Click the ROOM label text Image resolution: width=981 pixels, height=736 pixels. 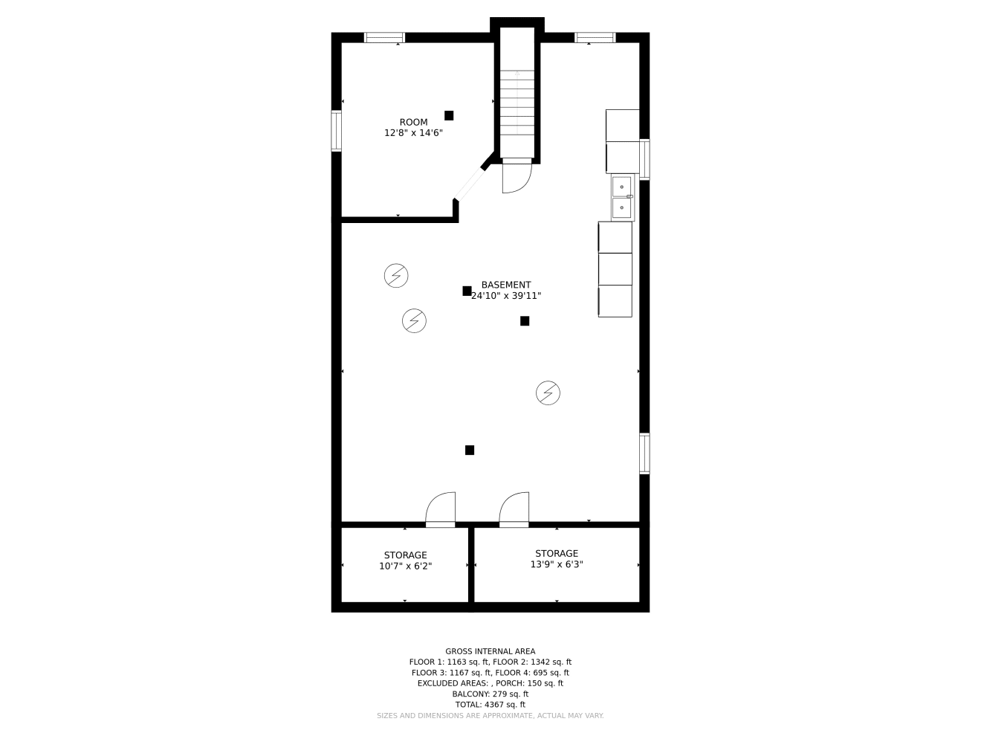(x=413, y=122)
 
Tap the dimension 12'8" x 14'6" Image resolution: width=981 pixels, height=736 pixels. (x=413, y=133)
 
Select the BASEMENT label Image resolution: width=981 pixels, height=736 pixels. (x=506, y=285)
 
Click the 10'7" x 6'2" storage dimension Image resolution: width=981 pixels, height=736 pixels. (x=405, y=566)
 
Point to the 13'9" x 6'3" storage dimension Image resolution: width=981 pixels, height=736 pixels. (x=557, y=564)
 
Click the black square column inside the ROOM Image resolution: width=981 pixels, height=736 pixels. (x=449, y=116)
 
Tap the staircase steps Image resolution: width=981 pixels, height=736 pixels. (x=517, y=103)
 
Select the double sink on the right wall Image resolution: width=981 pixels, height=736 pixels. (x=622, y=198)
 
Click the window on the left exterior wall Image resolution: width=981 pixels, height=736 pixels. (x=336, y=131)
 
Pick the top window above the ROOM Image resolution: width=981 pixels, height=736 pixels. (x=384, y=37)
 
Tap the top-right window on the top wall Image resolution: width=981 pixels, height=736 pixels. (x=595, y=37)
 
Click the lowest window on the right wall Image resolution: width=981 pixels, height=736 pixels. (x=644, y=453)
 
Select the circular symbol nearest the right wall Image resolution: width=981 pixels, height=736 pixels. (x=548, y=393)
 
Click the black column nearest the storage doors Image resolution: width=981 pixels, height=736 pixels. (x=469, y=450)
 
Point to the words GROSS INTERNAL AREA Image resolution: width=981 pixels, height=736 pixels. (x=490, y=651)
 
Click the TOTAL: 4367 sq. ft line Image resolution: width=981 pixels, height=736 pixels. (x=490, y=705)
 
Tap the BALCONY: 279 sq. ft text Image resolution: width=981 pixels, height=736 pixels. (x=490, y=694)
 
